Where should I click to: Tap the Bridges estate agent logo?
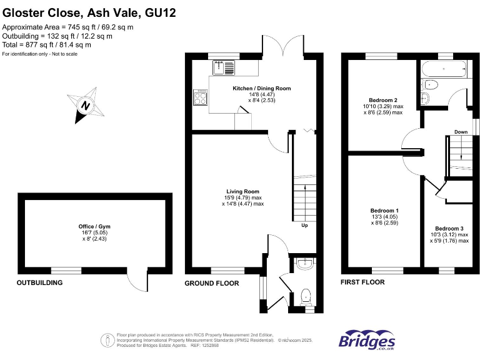(367, 341)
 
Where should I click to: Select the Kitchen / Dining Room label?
(261, 89)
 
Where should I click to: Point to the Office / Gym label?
(96, 226)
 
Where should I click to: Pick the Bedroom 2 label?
(383, 100)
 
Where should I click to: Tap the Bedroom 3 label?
(449, 229)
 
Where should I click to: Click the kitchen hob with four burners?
(201, 97)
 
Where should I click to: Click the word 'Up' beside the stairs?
(304, 226)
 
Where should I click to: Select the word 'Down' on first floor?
(461, 132)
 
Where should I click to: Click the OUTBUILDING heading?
(39, 283)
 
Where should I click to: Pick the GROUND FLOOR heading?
(212, 283)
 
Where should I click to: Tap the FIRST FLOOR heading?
(362, 282)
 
